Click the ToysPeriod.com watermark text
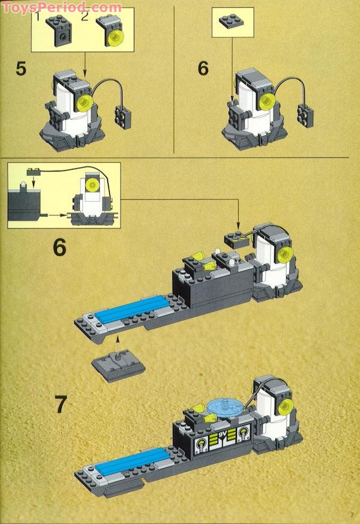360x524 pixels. point(62,7)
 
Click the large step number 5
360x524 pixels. point(21,69)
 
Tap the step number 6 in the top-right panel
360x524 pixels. point(203,68)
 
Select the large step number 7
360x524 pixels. point(61,405)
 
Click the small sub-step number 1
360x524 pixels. point(38,16)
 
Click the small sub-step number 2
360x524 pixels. point(85,16)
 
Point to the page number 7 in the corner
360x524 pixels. point(352,514)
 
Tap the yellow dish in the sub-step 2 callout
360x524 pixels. point(115,37)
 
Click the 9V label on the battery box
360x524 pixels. point(223,435)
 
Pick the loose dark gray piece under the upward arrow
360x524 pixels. point(118,366)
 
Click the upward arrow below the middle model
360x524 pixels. point(117,345)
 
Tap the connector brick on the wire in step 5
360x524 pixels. point(123,117)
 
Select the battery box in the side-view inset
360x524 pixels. point(24,205)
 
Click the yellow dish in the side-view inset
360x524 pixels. point(91,185)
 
